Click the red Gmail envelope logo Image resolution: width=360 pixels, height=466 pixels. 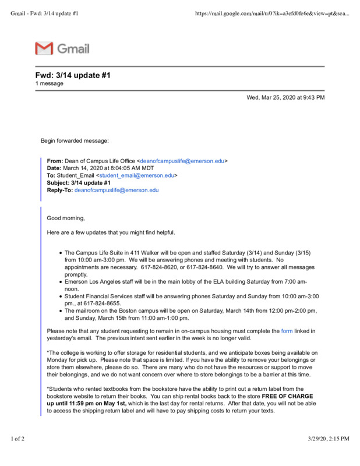pos(44,48)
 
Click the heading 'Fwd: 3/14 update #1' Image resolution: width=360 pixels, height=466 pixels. pos(73,75)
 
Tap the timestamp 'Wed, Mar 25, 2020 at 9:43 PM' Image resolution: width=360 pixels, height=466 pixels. pos(285,97)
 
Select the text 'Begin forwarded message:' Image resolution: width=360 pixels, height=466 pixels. pos(75,140)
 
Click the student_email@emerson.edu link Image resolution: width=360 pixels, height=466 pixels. pos(137,175)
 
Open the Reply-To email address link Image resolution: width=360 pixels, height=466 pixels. pos(117,190)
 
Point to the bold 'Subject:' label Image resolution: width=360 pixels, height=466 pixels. pos(59,182)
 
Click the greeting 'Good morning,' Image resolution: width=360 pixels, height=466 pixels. pos(66,218)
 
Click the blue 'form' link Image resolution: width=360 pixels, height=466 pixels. pos(287,331)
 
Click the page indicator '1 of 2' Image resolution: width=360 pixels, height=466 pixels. pos(17,439)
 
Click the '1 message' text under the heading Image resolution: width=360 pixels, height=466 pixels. pos(50,83)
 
